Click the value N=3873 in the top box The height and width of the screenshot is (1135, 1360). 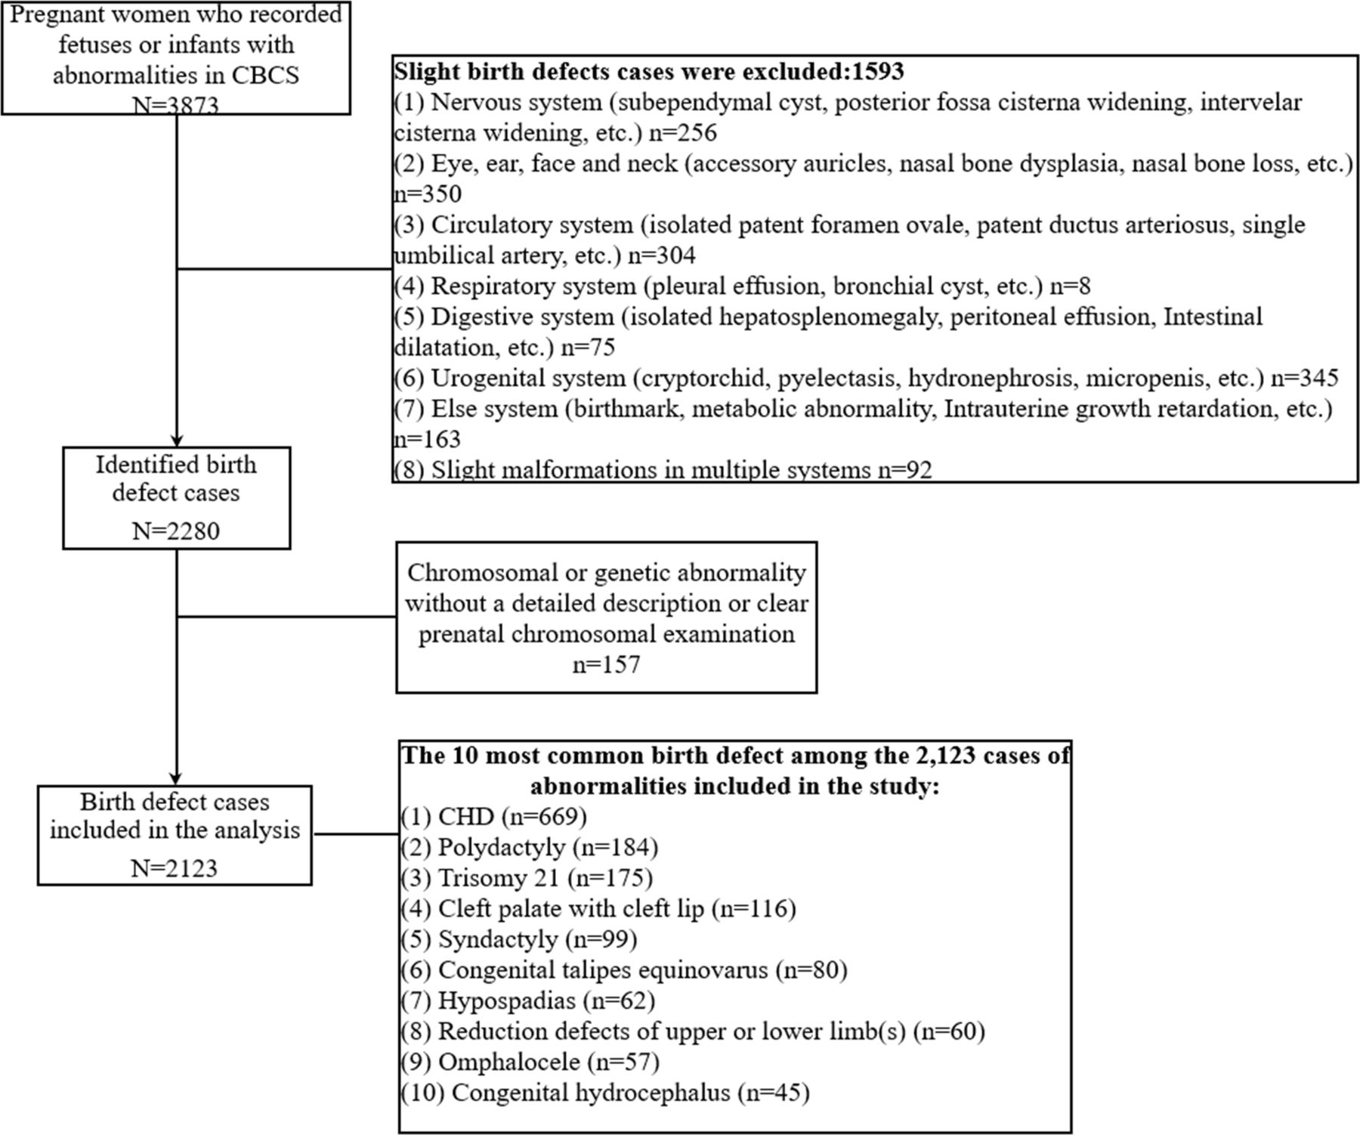[x=176, y=105]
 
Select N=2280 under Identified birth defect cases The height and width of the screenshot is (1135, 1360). [x=176, y=530]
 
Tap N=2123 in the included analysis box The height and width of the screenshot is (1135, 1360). [x=175, y=867]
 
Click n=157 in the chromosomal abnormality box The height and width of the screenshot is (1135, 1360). [x=606, y=664]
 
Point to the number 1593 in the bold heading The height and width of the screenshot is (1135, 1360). [x=877, y=71]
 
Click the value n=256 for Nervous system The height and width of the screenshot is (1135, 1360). [x=683, y=133]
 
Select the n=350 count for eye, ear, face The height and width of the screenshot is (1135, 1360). [x=428, y=194]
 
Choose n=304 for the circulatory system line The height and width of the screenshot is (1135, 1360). [x=662, y=255]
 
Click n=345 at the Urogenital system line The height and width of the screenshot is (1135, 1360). [x=1304, y=378]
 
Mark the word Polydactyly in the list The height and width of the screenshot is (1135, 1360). [x=501, y=847]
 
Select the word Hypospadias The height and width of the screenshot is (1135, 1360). [x=507, y=1000]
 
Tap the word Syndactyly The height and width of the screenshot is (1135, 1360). [x=498, y=939]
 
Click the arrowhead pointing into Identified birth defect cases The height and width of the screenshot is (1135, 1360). [x=177, y=441]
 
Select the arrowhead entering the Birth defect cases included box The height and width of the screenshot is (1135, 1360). [x=177, y=779]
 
